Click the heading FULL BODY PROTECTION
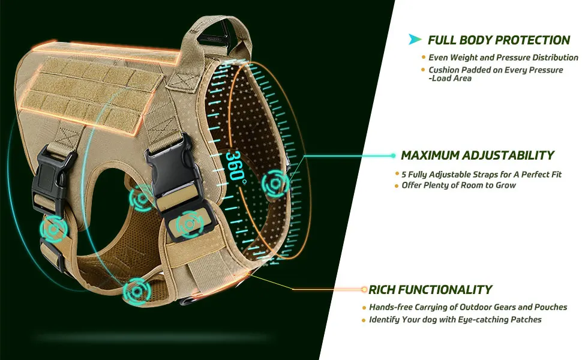click(x=499, y=40)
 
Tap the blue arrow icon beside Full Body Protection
click(x=415, y=39)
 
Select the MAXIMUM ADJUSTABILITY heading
click(x=478, y=155)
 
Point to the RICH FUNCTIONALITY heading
click(x=430, y=289)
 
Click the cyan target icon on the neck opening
click(x=275, y=184)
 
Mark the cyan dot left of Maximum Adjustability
click(x=394, y=155)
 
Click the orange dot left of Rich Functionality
click(x=364, y=289)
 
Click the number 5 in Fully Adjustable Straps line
click(x=404, y=175)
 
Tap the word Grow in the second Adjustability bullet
click(x=506, y=185)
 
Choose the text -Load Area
click(x=450, y=79)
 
